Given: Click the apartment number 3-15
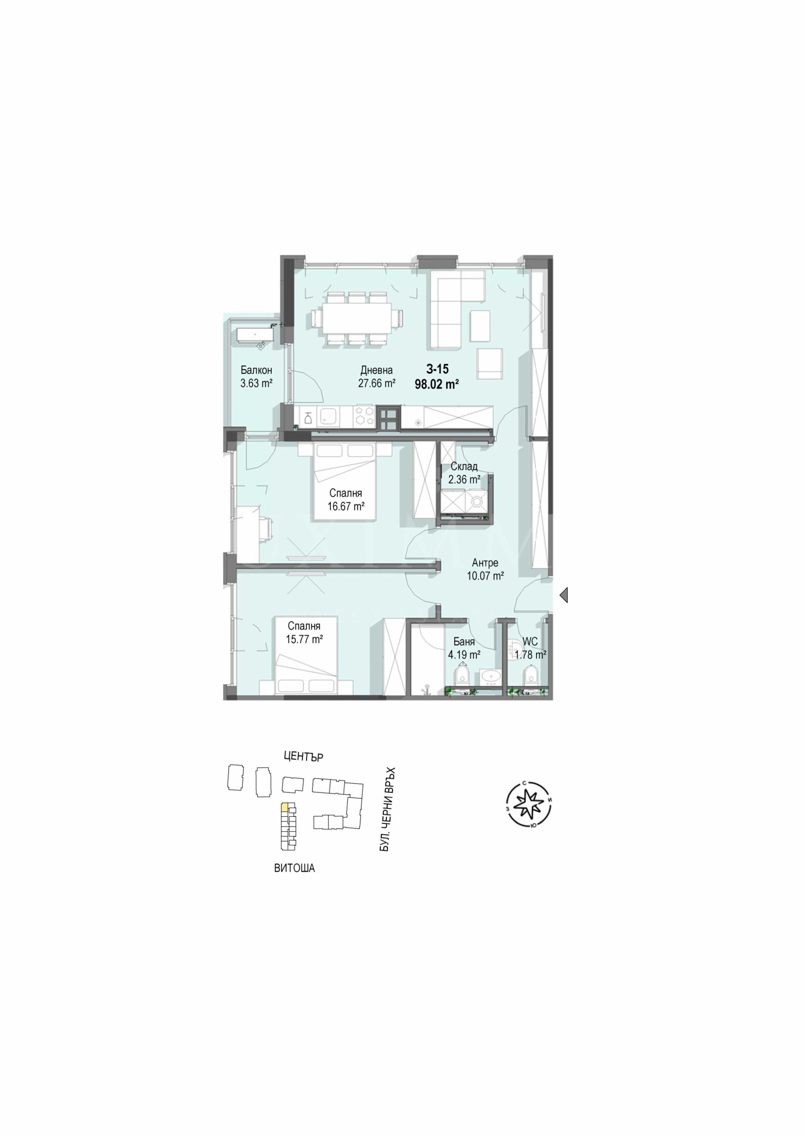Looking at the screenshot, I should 437,369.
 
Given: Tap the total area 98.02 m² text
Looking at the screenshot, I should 437,385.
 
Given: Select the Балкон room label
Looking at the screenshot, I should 256,370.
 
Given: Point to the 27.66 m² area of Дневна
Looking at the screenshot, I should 376,384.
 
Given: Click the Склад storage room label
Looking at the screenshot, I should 464,466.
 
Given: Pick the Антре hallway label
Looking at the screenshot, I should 485,563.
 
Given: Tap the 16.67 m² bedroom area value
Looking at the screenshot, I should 346,507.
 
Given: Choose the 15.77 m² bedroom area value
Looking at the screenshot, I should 304,639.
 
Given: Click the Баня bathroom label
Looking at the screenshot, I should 464,642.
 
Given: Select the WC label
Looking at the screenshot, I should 530,642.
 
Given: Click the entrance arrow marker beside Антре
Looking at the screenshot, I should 564,595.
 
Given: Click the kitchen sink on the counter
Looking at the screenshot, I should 329,417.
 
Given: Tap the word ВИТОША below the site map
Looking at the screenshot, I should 294,868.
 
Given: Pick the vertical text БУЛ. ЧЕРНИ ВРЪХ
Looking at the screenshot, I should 385,810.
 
